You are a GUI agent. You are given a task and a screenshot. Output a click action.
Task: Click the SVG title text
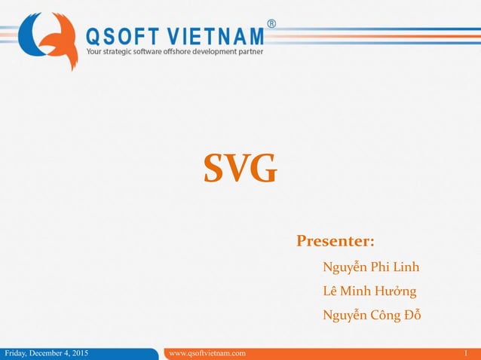click(240, 169)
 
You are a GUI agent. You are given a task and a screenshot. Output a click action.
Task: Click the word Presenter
click(335, 242)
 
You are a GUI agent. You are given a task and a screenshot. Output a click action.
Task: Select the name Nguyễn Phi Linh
click(371, 267)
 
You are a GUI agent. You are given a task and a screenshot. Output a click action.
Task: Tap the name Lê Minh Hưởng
click(369, 291)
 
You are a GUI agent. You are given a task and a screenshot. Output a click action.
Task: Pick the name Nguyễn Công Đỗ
click(371, 315)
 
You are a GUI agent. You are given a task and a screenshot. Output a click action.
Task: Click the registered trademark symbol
click(271, 23)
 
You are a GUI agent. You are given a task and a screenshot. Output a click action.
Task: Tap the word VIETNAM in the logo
click(219, 35)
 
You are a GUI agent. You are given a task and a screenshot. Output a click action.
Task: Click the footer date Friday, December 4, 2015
click(46, 353)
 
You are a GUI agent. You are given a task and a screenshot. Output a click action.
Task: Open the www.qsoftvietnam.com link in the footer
click(207, 353)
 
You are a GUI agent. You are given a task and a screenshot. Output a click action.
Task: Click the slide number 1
click(467, 353)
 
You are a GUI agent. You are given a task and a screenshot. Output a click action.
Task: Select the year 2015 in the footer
click(79, 353)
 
